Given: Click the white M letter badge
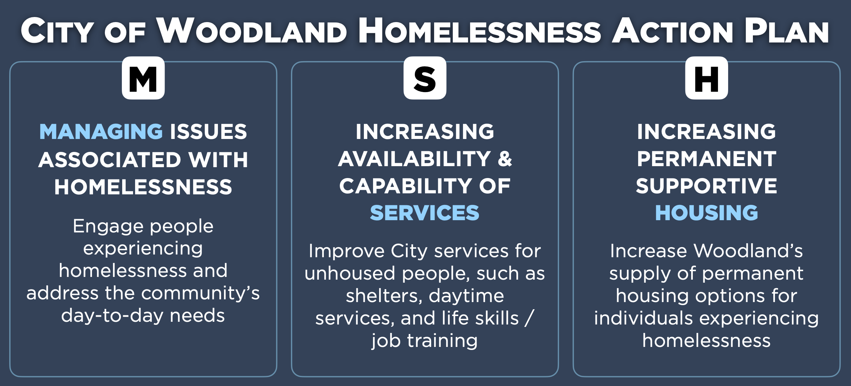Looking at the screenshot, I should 143,78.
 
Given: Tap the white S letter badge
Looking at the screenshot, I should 425,78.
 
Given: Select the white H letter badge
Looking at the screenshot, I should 706,78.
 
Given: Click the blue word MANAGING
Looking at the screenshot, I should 101,132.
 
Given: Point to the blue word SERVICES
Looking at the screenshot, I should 425,213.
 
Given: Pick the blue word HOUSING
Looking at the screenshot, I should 706,213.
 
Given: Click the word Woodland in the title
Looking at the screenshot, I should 252,31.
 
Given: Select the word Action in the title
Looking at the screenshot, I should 672,31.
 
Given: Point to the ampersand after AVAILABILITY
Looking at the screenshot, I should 505,159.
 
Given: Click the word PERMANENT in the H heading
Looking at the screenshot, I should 706,159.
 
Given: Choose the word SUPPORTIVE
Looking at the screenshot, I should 706,186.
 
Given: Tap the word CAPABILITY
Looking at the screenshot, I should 405,186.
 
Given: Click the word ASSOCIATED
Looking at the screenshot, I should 110,160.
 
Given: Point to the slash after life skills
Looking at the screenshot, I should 529,318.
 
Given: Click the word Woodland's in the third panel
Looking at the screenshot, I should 748,251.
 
